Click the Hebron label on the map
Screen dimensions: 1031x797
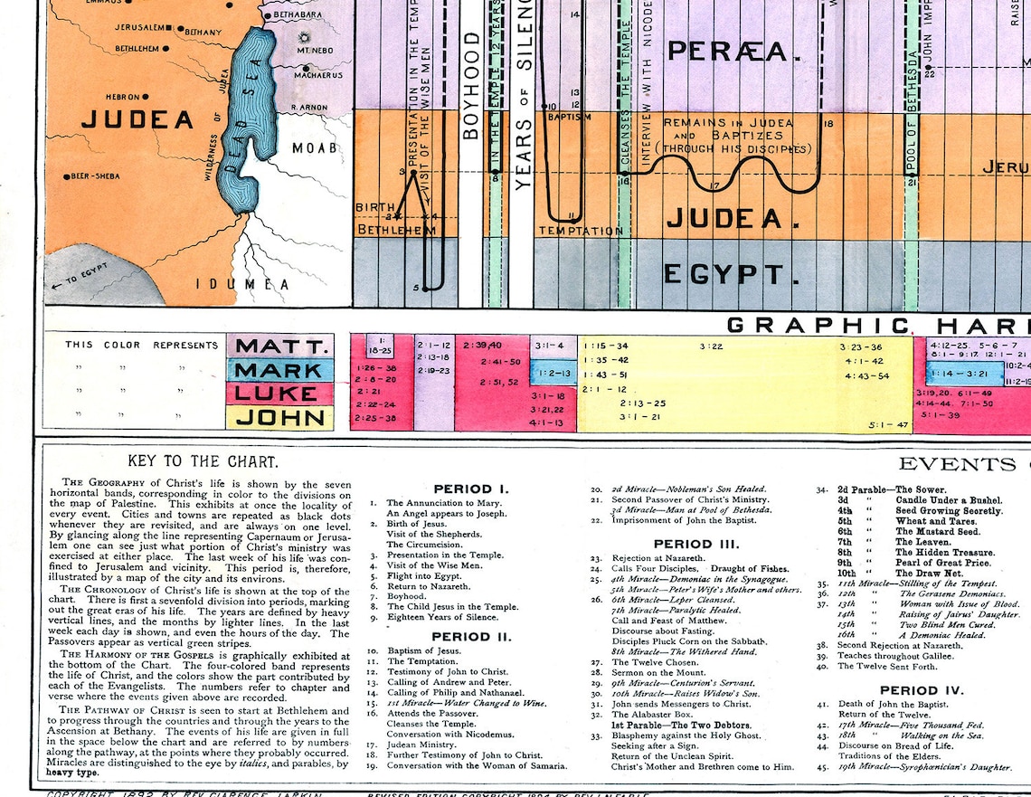(x=122, y=97)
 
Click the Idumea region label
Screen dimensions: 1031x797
(x=255, y=285)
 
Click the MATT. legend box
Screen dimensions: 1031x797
(x=279, y=346)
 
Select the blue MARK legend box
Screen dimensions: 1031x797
(x=279, y=370)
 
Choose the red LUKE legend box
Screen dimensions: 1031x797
(x=279, y=394)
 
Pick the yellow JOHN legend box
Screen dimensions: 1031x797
(x=279, y=417)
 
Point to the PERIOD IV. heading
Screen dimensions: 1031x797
(x=922, y=690)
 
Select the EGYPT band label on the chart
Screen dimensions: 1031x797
(x=724, y=274)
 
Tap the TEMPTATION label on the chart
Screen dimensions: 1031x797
(x=581, y=231)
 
